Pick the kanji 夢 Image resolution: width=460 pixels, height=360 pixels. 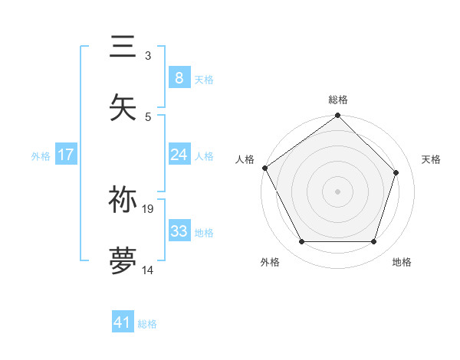click(123, 260)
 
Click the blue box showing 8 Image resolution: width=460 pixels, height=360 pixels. click(179, 78)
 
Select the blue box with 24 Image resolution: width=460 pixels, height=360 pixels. click(179, 155)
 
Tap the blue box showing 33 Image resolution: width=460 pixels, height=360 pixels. click(179, 231)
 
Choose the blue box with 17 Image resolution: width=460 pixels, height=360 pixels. click(66, 155)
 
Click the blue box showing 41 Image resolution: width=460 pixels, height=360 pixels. click(123, 322)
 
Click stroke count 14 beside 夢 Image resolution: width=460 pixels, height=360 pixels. click(148, 270)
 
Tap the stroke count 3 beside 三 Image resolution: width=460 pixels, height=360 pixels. click(148, 56)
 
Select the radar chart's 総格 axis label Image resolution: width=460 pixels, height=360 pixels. click(338, 100)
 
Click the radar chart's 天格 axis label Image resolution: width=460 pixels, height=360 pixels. click(432, 159)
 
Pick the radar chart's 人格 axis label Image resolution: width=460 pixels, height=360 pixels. click(245, 159)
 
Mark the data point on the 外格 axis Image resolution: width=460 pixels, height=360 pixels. click(302, 242)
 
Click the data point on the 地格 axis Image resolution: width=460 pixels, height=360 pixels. click(374, 242)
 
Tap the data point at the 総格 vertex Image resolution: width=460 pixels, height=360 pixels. click(338, 116)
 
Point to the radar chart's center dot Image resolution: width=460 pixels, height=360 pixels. click(338, 191)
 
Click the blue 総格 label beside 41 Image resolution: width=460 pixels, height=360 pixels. click(147, 324)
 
